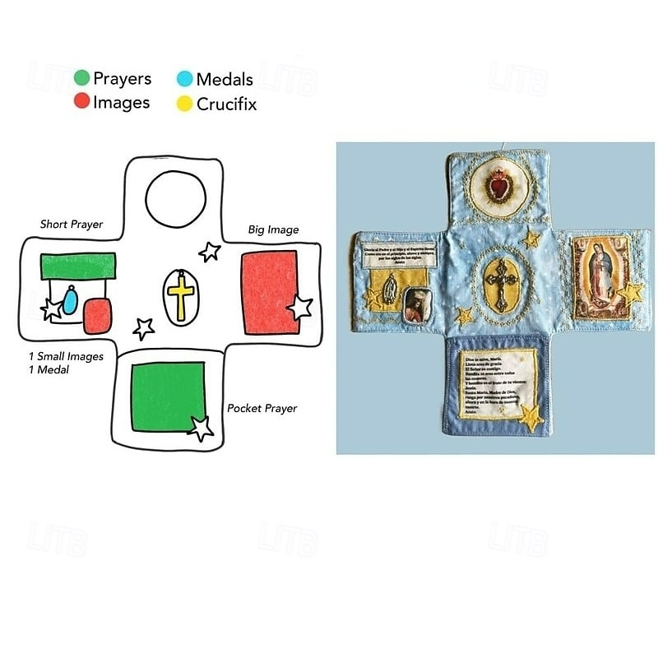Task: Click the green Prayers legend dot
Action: (x=81, y=79)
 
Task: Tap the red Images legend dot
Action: (x=81, y=101)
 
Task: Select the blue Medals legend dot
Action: (x=184, y=80)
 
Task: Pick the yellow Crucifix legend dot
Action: (x=184, y=104)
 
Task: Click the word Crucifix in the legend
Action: (x=226, y=104)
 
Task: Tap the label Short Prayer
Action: (x=72, y=225)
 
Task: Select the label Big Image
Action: (x=273, y=229)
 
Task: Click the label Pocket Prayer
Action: (x=262, y=408)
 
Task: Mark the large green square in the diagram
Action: (x=167, y=396)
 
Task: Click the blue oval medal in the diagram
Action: (x=71, y=301)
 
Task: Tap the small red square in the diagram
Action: (x=97, y=315)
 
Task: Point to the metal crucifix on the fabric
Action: (x=499, y=283)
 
